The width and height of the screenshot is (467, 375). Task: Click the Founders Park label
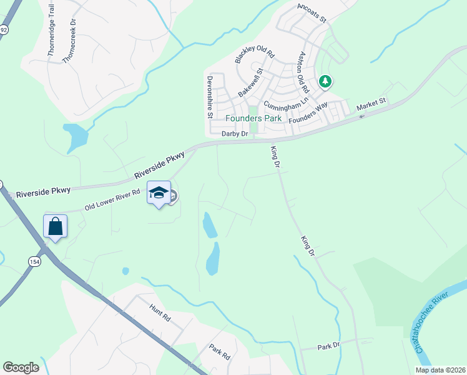click(x=253, y=118)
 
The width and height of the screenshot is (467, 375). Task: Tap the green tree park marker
click(x=325, y=81)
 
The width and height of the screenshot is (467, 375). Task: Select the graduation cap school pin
click(x=159, y=192)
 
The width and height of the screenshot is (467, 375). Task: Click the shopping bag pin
click(x=55, y=226)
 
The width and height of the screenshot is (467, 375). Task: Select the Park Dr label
click(x=328, y=346)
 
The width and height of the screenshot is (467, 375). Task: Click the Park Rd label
click(x=220, y=352)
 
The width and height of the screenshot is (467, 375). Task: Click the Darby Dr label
click(x=235, y=134)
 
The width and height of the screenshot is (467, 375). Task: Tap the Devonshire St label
click(x=210, y=97)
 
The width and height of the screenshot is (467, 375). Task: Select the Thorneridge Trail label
click(x=52, y=30)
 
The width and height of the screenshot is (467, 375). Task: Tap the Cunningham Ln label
click(x=287, y=103)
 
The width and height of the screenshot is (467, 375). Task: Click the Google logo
click(x=21, y=367)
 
